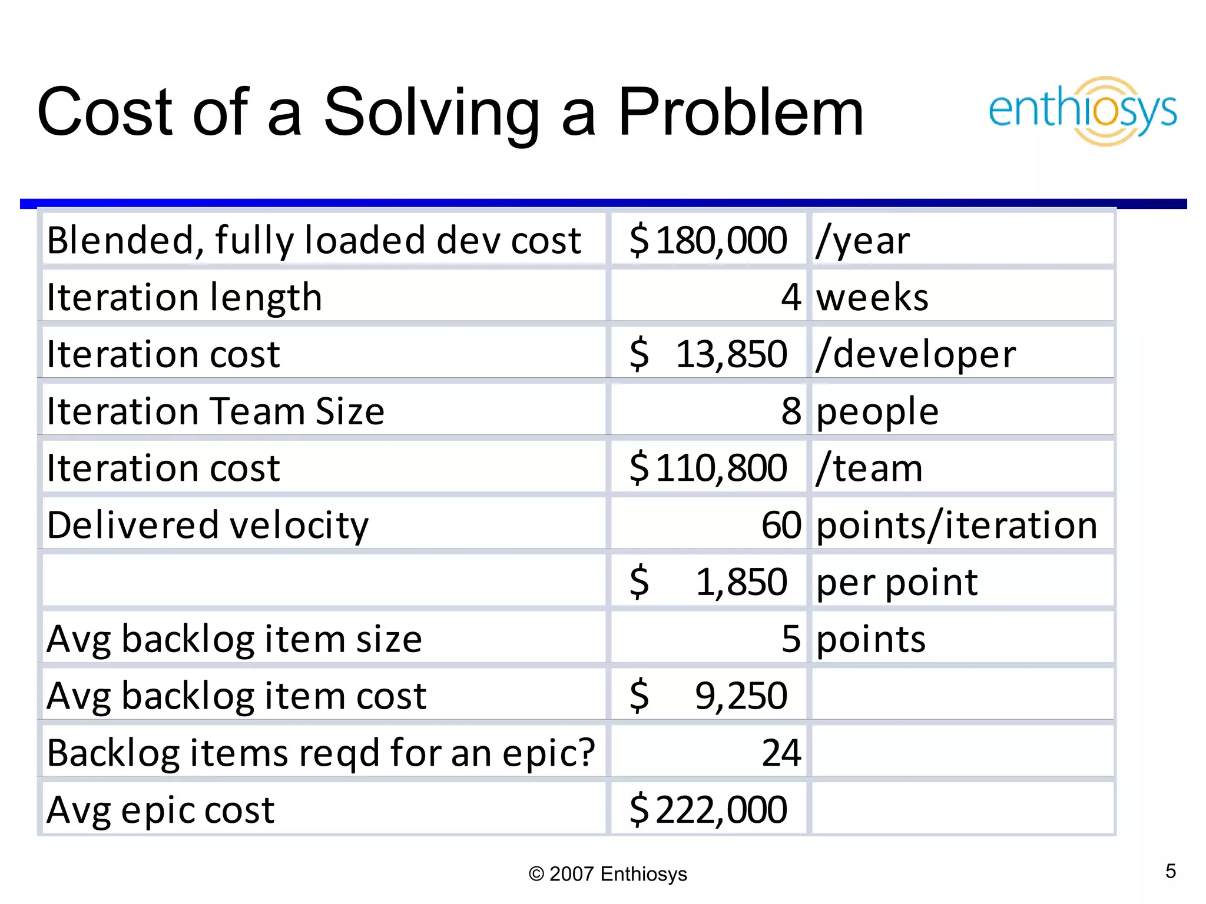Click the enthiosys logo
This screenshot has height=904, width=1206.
coord(1082,111)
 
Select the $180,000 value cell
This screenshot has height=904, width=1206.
coord(708,240)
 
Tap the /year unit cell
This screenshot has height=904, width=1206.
coord(863,240)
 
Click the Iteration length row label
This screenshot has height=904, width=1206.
coord(184,297)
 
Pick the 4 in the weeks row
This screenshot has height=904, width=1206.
coord(791,297)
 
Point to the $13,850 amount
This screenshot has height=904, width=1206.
coord(708,354)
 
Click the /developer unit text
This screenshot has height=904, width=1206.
coord(916,354)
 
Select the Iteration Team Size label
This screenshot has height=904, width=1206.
coord(216,411)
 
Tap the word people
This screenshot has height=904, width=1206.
coord(877,411)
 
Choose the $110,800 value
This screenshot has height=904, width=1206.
coord(708,468)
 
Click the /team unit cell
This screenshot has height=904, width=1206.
coord(869,468)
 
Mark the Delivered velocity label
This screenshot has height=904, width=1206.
coord(207,525)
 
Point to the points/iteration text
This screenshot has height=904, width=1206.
coord(957,525)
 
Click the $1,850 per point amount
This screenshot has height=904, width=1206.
coord(708,581)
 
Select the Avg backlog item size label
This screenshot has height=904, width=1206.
coord(234,639)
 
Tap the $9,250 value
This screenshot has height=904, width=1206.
coord(708,695)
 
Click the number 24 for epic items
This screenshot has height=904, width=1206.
coord(781,752)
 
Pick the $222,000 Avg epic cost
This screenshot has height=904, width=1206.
coord(708,809)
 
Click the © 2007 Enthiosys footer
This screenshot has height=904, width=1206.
coord(608,874)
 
